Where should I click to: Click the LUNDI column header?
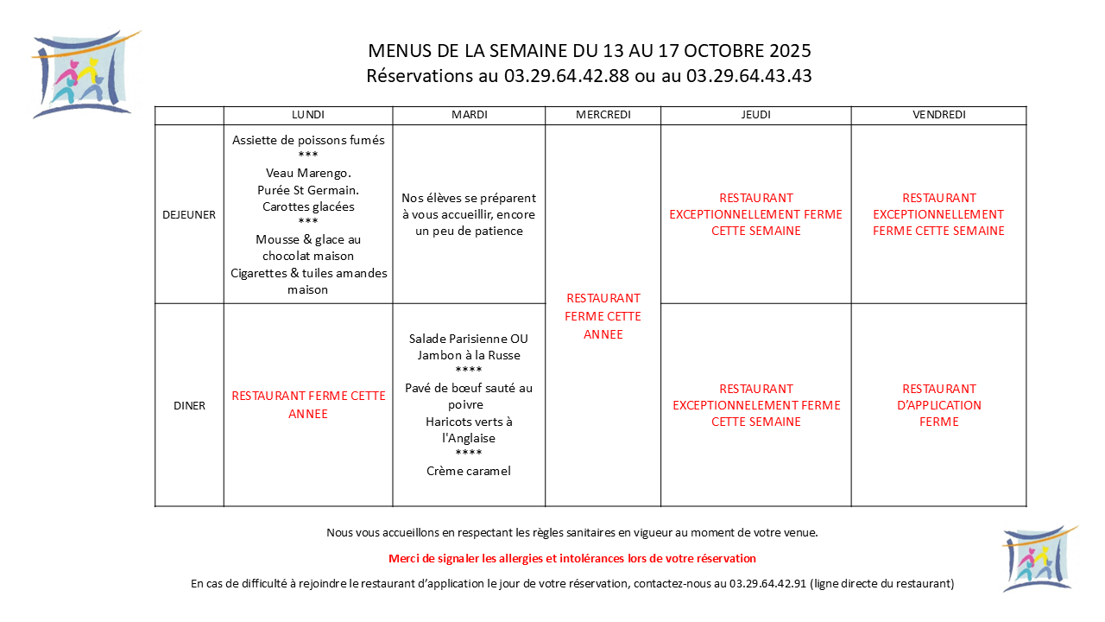[308, 115]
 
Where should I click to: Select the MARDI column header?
[469, 115]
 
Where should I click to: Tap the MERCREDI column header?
[603, 115]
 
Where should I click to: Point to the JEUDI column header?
[755, 115]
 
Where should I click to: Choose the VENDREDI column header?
[938, 115]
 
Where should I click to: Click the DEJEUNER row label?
[189, 214]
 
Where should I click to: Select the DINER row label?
[189, 405]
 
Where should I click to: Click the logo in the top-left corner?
[84, 74]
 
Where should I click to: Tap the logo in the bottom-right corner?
[1039, 558]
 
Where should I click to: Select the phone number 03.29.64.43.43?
[748, 76]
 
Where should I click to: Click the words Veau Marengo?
[308, 173]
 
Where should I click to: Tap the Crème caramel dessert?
[469, 471]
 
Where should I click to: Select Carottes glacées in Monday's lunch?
[308, 206]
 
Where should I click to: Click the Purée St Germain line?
[308, 189]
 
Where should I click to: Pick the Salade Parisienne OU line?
[469, 339]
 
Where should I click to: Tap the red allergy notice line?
[572, 559]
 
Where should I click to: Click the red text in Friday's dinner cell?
[938, 405]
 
